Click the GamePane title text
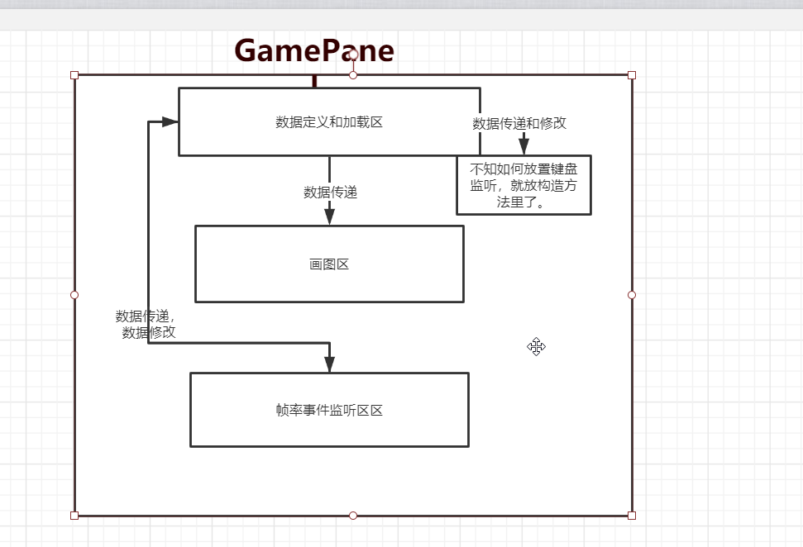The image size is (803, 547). pyautogui.click(x=314, y=51)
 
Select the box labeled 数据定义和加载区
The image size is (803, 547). pyautogui.click(x=329, y=122)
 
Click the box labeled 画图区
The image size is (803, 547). pyautogui.click(x=329, y=264)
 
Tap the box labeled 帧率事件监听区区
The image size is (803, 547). pyautogui.click(x=329, y=410)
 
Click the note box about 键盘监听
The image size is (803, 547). pyautogui.click(x=523, y=185)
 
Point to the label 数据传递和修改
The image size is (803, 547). pyautogui.click(x=519, y=123)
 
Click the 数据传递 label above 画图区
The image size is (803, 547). pyautogui.click(x=330, y=193)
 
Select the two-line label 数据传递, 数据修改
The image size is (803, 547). pyautogui.click(x=147, y=324)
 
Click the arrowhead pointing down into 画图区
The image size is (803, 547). pyautogui.click(x=329, y=216)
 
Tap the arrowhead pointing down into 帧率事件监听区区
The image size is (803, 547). pyautogui.click(x=329, y=364)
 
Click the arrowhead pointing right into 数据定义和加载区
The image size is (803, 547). pyautogui.click(x=170, y=122)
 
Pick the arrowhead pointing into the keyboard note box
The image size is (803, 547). pyautogui.click(x=523, y=147)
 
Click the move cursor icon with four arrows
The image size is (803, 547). pyautogui.click(x=536, y=347)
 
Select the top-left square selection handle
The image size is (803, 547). pyautogui.click(x=74, y=75)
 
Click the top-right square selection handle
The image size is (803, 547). pyautogui.click(x=632, y=75)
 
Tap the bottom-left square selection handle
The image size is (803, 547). pyautogui.click(x=74, y=516)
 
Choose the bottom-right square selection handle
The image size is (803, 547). pyautogui.click(x=632, y=516)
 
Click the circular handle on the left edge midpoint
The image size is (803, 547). pyautogui.click(x=74, y=295)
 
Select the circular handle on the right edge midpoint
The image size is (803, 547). pyautogui.click(x=632, y=295)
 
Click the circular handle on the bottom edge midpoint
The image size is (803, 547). pyautogui.click(x=353, y=516)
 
